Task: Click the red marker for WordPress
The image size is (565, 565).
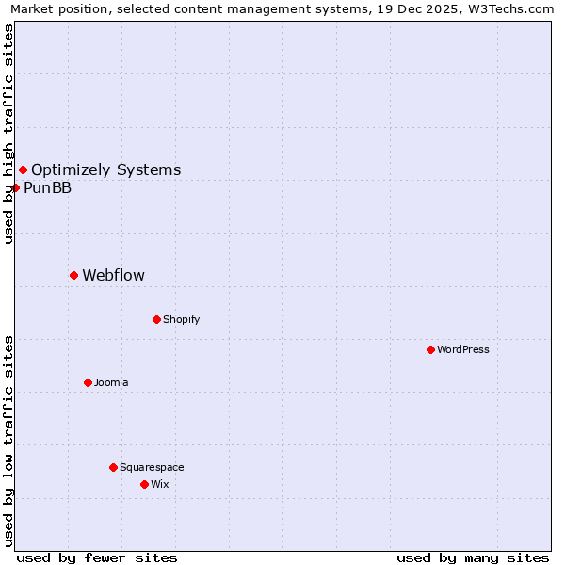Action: [430, 349]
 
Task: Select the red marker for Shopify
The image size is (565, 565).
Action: [156, 319]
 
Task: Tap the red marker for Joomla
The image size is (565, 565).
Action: [88, 382]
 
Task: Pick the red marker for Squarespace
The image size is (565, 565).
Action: [113, 467]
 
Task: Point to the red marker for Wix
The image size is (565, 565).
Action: [144, 484]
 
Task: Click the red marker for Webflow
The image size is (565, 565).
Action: [73, 275]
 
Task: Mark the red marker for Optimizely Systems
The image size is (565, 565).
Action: [23, 169]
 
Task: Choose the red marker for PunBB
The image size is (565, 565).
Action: [15, 187]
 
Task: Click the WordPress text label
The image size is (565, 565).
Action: [463, 349]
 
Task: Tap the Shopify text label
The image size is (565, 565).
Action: [182, 319]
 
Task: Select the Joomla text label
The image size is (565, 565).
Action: [111, 382]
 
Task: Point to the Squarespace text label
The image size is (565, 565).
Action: [152, 467]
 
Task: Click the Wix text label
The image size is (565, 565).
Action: [160, 484]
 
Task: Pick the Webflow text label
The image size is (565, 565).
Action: [114, 275]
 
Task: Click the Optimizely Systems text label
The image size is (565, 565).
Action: [106, 169]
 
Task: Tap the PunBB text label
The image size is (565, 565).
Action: [47, 187]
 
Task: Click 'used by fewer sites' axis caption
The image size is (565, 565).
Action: [97, 557]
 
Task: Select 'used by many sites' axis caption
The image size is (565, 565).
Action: [473, 557]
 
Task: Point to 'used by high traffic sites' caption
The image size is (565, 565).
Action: [8, 134]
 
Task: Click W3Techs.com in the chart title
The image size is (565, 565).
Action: [510, 9]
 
